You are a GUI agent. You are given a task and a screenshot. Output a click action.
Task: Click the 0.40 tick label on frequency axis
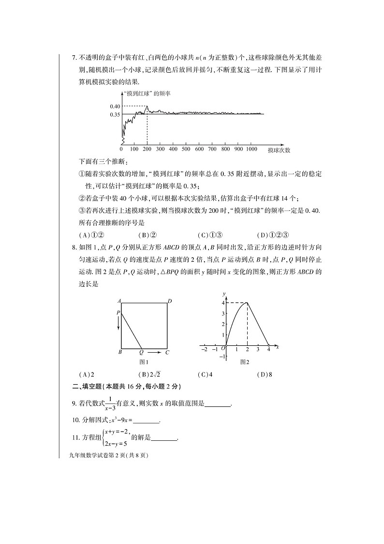pos(115,107)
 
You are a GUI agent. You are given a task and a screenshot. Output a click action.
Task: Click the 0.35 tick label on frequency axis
pos(115,114)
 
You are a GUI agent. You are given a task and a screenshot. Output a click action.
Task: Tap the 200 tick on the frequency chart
pos(147,149)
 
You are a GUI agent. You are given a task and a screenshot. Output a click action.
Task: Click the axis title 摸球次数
pos(279,150)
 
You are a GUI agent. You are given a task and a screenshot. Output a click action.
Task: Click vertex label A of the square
pos(118,301)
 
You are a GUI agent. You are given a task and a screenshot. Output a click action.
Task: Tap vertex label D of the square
pos(170,301)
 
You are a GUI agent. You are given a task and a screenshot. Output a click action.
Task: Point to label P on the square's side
pos(118,313)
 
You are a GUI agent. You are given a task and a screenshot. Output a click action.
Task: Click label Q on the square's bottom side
pos(141,353)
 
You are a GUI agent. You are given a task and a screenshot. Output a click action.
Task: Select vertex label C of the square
pos(167,353)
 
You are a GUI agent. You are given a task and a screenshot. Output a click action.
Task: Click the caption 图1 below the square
pos(143,361)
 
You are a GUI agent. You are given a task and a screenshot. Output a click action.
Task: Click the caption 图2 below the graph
pos(245,361)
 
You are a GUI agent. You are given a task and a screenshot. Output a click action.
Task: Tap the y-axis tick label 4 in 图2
pos(223,303)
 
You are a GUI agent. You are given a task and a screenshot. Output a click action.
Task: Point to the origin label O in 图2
pos(223,348)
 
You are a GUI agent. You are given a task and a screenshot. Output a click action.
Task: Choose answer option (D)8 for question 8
pos(265,374)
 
